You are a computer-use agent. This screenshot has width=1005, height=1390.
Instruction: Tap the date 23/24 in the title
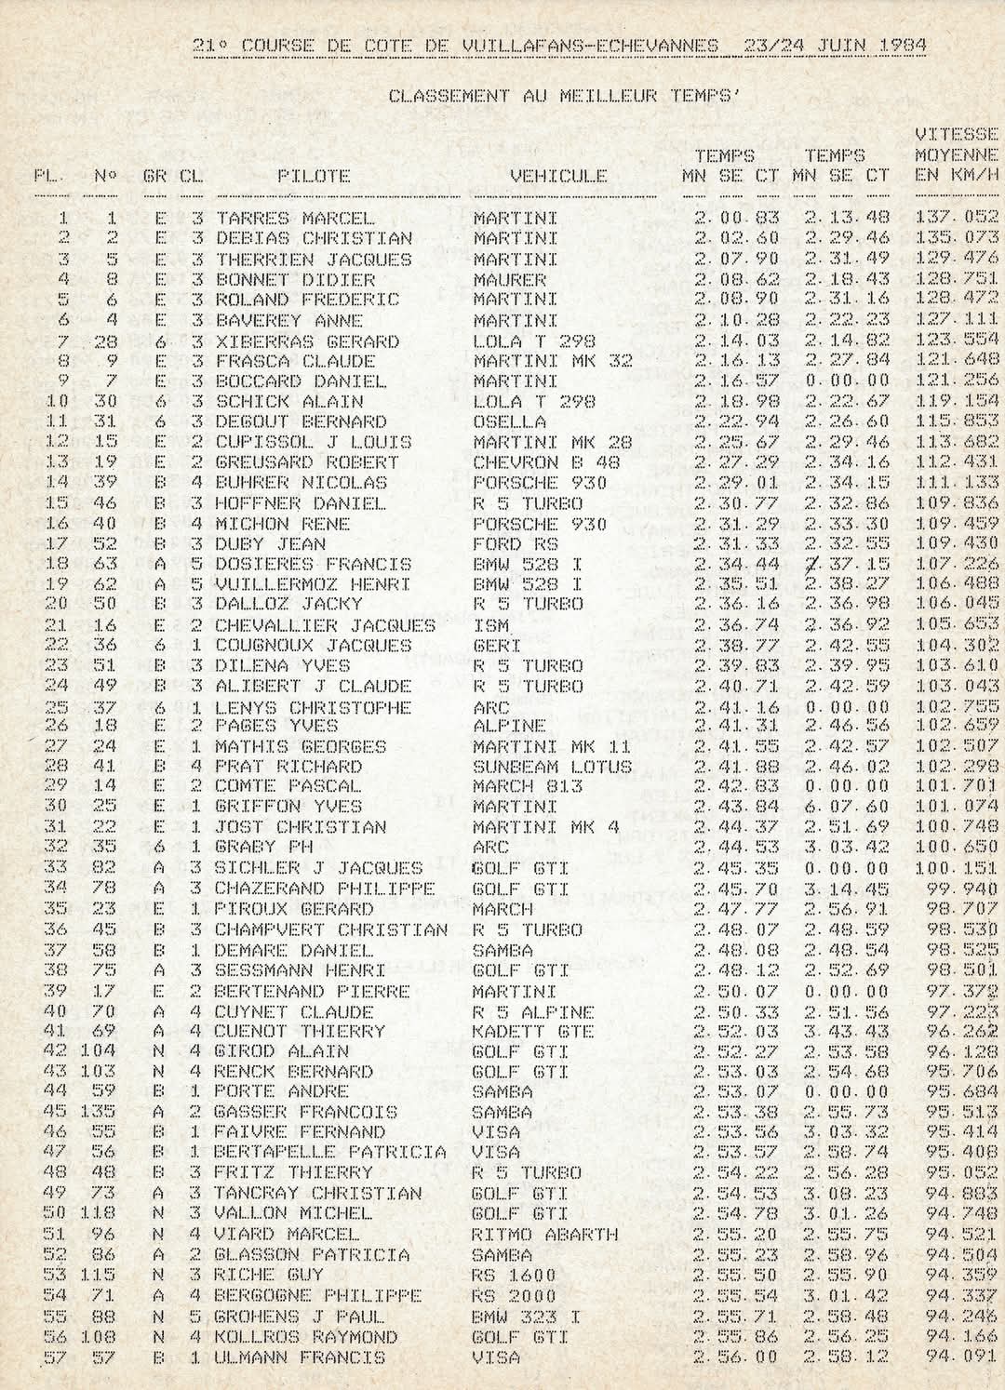[x=776, y=46]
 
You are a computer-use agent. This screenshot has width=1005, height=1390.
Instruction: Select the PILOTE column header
[x=314, y=175]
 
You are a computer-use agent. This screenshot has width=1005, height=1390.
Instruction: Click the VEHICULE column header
[x=558, y=175]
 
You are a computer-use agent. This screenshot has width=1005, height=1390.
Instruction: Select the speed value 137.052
[x=957, y=219]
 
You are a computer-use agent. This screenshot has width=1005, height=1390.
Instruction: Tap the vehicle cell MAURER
[x=509, y=279]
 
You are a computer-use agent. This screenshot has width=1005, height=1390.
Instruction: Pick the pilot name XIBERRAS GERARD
[x=307, y=341]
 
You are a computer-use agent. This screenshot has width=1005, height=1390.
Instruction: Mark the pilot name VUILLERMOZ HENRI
[x=313, y=584]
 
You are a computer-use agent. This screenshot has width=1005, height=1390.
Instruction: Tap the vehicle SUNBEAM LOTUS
[x=552, y=767]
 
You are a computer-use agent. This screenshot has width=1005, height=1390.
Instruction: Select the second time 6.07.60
[x=847, y=807]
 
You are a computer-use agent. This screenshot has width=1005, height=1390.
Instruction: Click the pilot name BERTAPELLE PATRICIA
[x=330, y=1152]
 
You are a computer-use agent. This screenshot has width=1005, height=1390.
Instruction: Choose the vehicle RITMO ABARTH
[x=545, y=1234]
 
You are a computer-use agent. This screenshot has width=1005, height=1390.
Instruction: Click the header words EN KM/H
[x=957, y=175]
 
